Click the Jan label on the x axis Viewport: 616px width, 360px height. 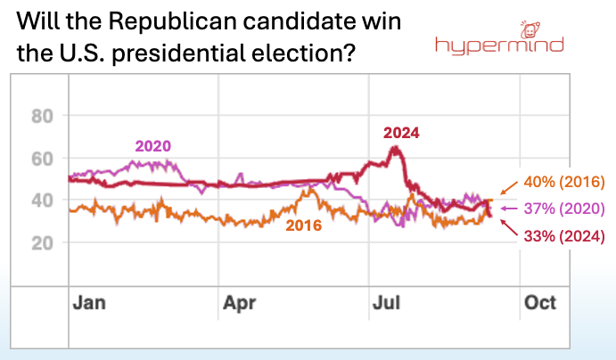pos(88,302)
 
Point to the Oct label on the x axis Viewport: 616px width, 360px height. pos(539,302)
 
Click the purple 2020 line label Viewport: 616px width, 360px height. pos(152,146)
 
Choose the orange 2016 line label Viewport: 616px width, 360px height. pos(303,225)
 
